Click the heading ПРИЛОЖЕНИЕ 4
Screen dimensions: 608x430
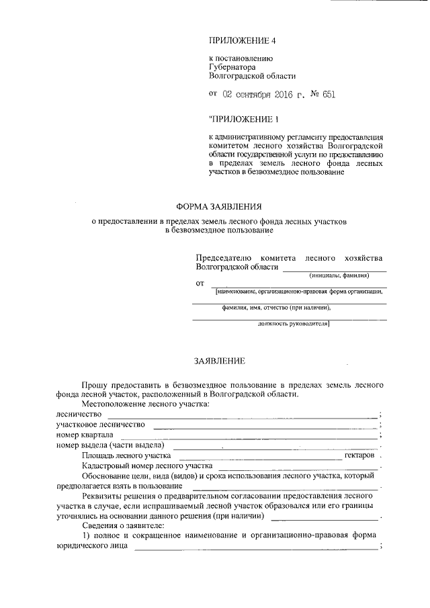point(243,40)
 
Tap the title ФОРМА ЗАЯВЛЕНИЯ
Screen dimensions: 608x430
point(219,207)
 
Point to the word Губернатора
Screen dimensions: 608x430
point(232,68)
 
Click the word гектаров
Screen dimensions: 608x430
point(359,455)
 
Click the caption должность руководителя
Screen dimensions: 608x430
point(293,324)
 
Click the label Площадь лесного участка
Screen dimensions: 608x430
point(126,455)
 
